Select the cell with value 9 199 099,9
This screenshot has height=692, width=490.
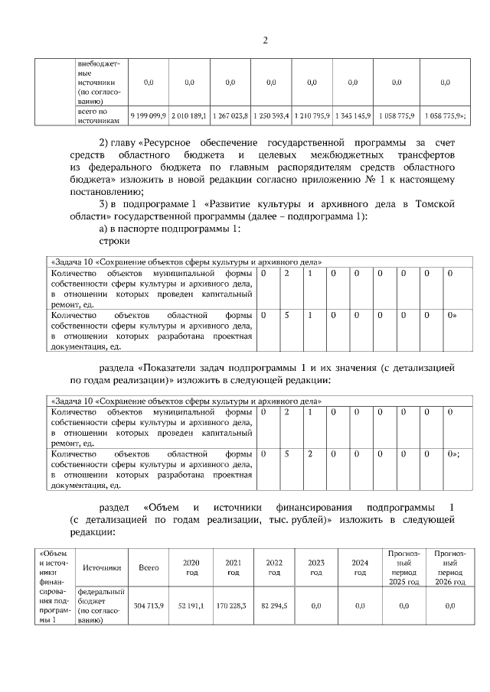[149, 115]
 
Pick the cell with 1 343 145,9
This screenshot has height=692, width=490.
[352, 115]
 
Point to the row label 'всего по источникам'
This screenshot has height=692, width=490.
[100, 116]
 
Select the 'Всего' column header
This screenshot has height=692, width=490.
[149, 567]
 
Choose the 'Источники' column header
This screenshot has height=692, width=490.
[102, 567]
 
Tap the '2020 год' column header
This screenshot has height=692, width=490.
[191, 567]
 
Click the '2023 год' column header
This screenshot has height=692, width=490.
[315, 567]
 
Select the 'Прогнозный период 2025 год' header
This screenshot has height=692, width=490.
[403, 567]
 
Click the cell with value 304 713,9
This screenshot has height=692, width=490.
[149, 606]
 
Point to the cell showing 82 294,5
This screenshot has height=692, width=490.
[274, 606]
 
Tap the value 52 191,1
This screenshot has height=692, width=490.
[191, 606]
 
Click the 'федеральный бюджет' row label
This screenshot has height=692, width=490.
[102, 601]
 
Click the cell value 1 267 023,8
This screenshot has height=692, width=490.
[230, 115]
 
